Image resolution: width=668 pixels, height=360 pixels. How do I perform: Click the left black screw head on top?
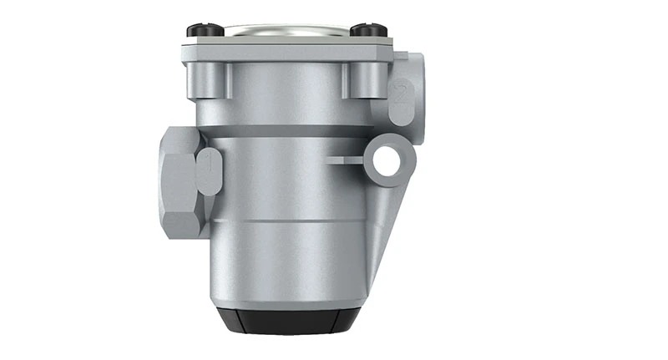203,30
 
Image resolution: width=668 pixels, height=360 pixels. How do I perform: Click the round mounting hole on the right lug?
387,161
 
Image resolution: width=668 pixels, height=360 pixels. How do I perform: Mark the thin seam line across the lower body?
284,221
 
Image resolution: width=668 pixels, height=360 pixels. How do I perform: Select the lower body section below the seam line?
284,259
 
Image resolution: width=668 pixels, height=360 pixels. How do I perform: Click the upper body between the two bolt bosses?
284,92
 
